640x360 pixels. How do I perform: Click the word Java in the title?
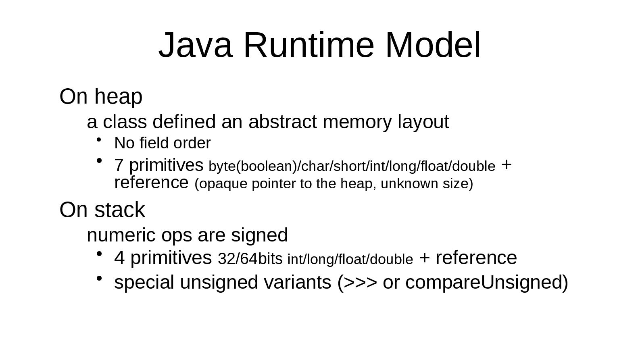point(195,45)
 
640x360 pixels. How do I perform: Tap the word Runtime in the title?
point(309,45)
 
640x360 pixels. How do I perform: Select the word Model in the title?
point(433,45)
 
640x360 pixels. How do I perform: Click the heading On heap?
point(101,97)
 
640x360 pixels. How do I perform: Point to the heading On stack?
point(102,210)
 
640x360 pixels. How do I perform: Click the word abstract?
point(282,122)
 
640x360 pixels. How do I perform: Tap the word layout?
point(423,122)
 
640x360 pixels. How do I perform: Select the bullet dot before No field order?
point(98,140)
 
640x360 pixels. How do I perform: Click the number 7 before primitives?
point(119,165)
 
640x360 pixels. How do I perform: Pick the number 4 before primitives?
point(119,258)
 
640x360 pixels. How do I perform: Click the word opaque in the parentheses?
point(223,184)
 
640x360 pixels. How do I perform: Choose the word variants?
point(297,283)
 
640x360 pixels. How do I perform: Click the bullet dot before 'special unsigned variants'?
point(98,278)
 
